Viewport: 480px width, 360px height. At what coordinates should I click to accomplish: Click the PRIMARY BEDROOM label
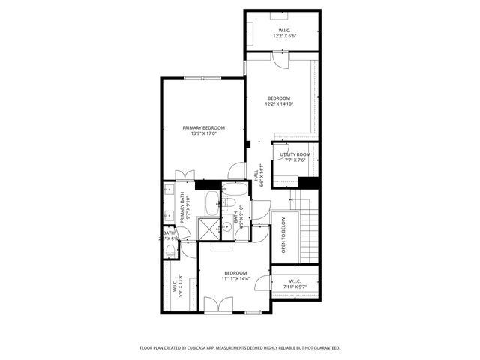coord(203,128)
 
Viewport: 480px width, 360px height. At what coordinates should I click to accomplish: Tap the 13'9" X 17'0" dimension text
coord(203,134)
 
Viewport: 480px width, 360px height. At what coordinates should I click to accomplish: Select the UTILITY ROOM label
coord(295,154)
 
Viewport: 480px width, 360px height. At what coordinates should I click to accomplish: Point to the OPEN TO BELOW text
coord(283,235)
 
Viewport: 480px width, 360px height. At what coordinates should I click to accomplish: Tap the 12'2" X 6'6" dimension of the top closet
coord(282,36)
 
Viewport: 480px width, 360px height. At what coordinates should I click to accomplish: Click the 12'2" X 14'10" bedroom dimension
coord(279,104)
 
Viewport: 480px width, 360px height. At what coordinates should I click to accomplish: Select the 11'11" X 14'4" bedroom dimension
coord(235,278)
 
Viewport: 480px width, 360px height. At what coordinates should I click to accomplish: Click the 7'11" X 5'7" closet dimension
coord(294,286)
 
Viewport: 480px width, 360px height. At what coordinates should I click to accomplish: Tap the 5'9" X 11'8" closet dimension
coord(181,286)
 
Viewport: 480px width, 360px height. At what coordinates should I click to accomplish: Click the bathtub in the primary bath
coord(212,202)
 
